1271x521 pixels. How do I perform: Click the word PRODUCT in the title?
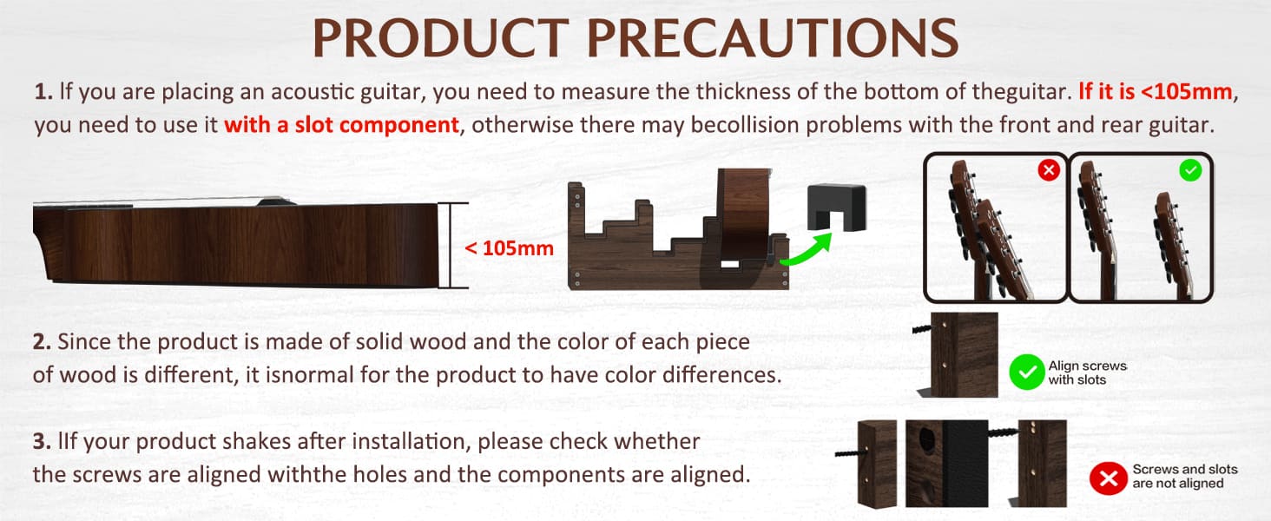pyautogui.click(x=441, y=37)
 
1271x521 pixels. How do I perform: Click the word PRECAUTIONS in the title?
pyautogui.click(x=773, y=37)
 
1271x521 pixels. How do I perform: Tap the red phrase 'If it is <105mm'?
pyautogui.click(x=1156, y=91)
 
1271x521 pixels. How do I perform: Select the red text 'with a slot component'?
pyautogui.click(x=341, y=125)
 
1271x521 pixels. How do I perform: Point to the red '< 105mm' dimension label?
pyautogui.click(x=509, y=248)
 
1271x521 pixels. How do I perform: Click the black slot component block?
pyautogui.click(x=837, y=208)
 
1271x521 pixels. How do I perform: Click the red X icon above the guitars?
pyautogui.click(x=1049, y=170)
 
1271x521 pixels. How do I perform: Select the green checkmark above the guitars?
pyautogui.click(x=1190, y=170)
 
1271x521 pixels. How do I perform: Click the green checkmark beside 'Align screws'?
pyautogui.click(x=1027, y=373)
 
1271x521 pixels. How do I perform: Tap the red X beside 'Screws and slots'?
pyautogui.click(x=1108, y=478)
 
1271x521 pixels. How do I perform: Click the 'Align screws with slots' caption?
pyautogui.click(x=1087, y=373)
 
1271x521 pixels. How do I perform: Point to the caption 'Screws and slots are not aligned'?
pyautogui.click(x=1185, y=476)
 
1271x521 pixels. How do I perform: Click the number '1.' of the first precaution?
pyautogui.click(x=43, y=92)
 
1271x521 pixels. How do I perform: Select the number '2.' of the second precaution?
pyautogui.click(x=42, y=341)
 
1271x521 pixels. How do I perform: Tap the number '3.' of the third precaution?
pyautogui.click(x=42, y=441)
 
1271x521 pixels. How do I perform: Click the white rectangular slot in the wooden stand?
pyautogui.click(x=729, y=264)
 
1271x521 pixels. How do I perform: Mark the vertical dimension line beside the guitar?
pyautogui.click(x=452, y=245)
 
